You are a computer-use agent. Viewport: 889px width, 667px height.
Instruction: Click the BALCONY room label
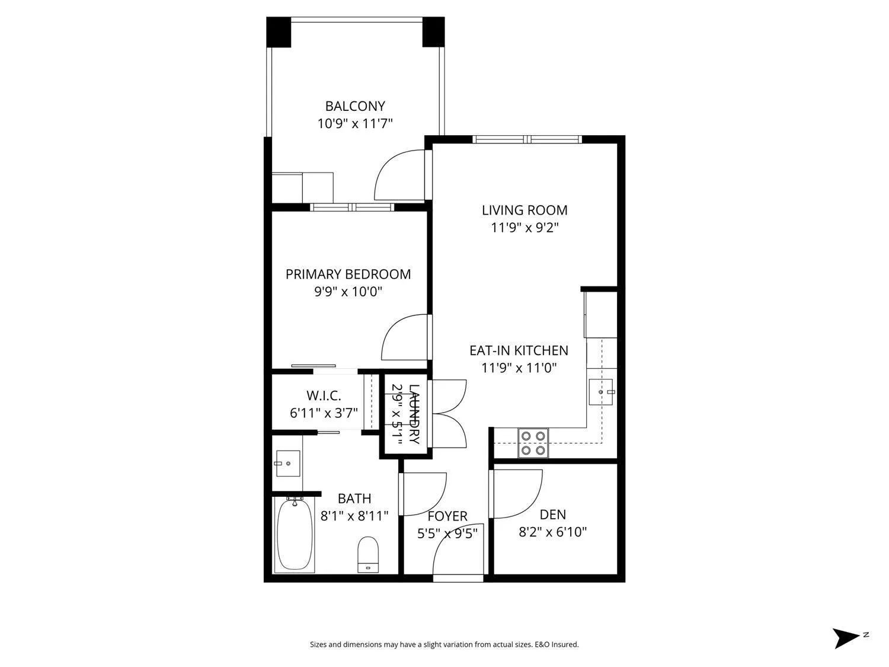(355, 106)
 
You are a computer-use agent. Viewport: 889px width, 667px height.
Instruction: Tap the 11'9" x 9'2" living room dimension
(525, 228)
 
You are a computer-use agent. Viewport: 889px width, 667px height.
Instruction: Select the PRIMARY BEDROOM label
(348, 274)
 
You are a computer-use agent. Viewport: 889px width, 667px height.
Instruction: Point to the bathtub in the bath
(295, 534)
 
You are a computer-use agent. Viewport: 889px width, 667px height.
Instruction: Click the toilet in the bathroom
(368, 554)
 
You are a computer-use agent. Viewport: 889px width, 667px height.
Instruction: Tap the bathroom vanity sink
(287, 463)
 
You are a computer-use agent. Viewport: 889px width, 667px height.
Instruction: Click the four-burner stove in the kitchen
(533, 443)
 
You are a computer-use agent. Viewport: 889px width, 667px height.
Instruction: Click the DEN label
(553, 514)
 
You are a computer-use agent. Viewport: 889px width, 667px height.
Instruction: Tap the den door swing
(517, 494)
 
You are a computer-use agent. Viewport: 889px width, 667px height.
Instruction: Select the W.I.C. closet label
(324, 395)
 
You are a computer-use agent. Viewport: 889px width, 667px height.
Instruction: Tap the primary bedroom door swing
(405, 337)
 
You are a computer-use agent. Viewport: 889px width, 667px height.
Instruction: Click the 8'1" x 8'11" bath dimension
(354, 516)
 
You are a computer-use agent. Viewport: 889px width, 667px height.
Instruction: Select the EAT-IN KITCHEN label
(519, 350)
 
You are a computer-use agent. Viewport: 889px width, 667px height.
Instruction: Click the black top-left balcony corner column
(279, 32)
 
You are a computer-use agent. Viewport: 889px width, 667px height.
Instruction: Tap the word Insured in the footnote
(565, 644)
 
